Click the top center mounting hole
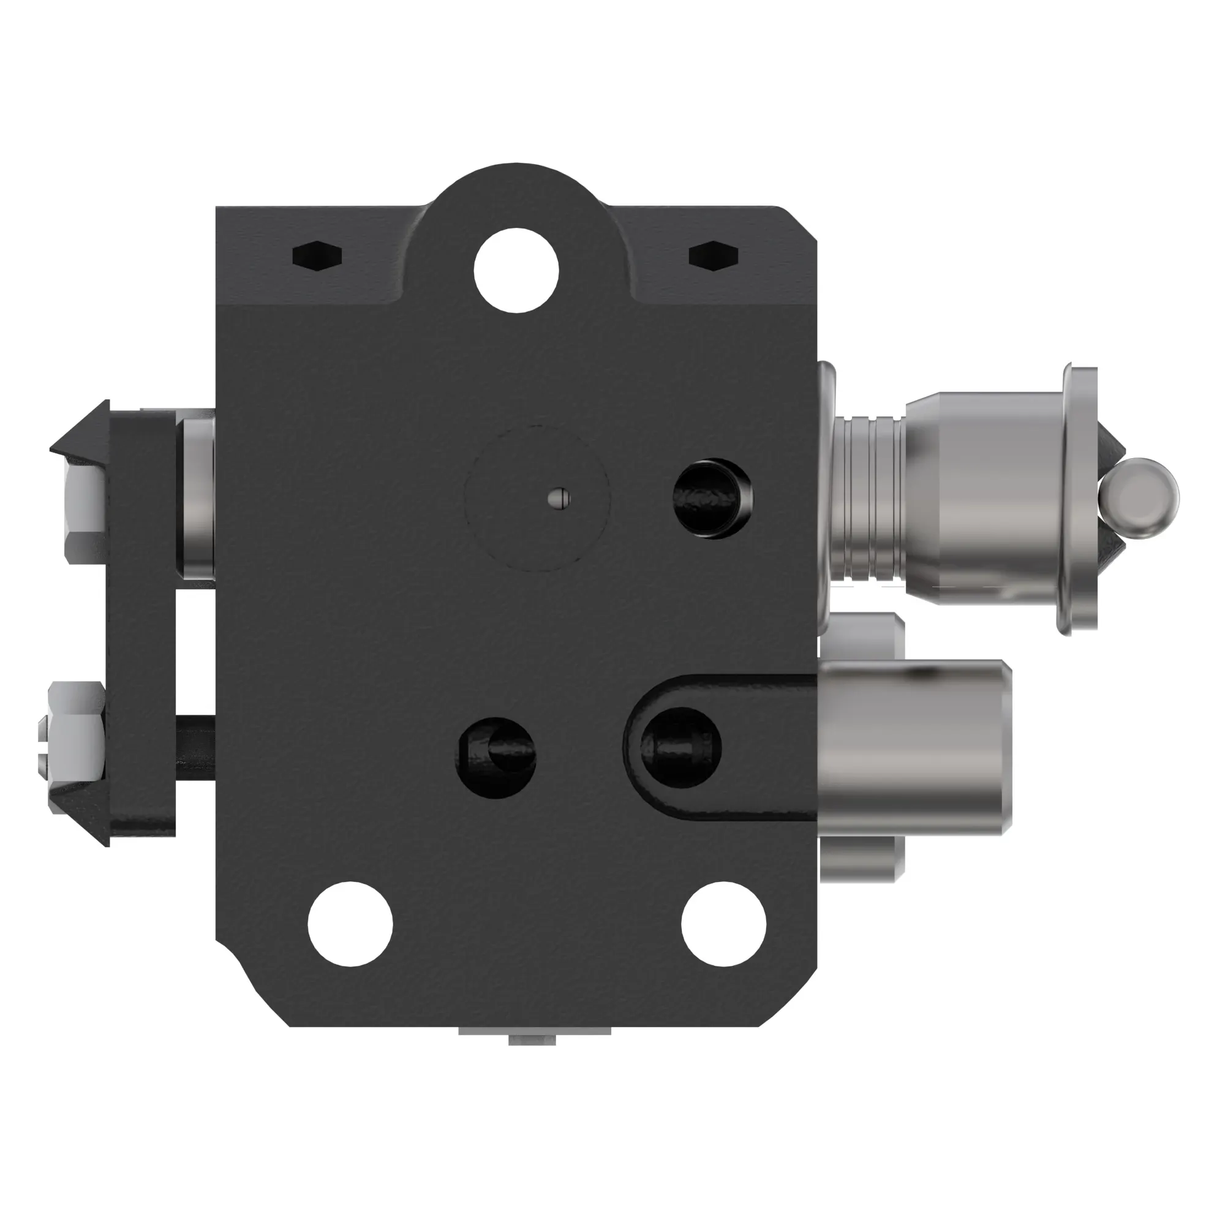(516, 269)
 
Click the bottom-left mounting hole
(350, 923)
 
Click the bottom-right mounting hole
(724, 923)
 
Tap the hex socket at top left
(317, 255)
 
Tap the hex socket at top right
(714, 255)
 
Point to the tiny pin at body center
(559, 499)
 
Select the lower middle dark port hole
(497, 756)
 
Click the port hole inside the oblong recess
(680, 748)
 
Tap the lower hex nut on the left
(76, 731)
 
